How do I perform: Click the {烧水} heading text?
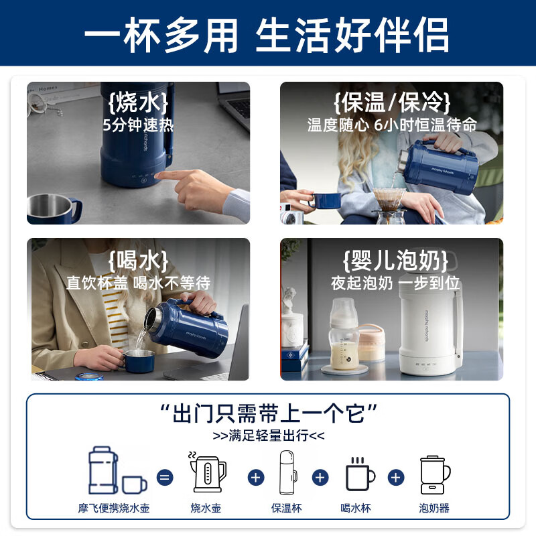tap(137, 104)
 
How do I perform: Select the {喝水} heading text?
tap(137, 260)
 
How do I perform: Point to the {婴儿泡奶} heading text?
tap(391, 260)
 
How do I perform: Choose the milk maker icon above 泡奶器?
tap(433, 474)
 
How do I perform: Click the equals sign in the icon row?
tap(165, 478)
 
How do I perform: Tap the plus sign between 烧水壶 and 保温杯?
tap(255, 478)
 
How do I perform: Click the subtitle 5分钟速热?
tap(137, 125)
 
